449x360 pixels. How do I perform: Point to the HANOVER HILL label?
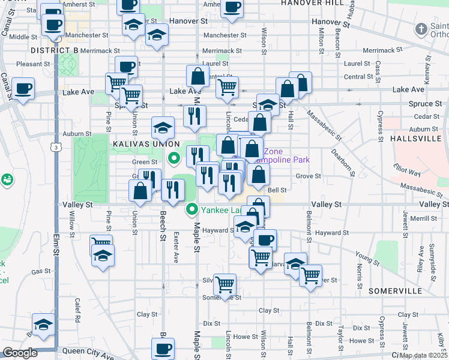tap(313, 3)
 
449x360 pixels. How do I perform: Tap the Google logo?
tap(20, 353)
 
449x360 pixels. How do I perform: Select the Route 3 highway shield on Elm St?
tap(55, 147)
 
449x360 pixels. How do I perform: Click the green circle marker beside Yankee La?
tap(192, 209)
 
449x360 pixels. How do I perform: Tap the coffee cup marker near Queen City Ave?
tap(162, 347)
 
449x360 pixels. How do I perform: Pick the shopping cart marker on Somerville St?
tap(224, 284)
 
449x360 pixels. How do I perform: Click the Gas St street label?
tap(40, 272)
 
